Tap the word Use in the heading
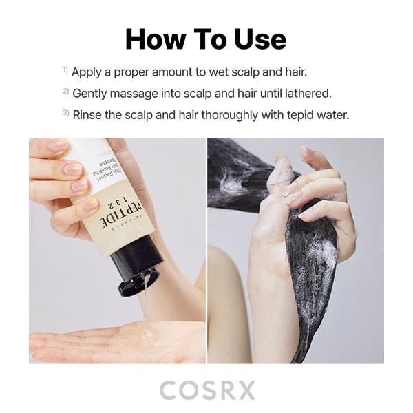coord(257,39)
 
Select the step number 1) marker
coord(65,70)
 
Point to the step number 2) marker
coord(65,92)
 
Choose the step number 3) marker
coord(65,114)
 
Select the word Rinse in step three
coord(87,115)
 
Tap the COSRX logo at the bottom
coord(206,390)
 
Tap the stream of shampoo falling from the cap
coord(145,303)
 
